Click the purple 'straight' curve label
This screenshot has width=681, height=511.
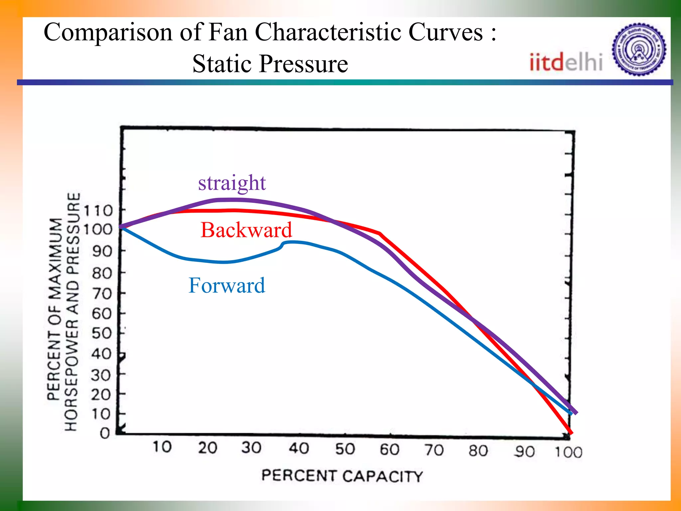coord(232,183)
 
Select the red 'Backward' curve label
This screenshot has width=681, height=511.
coord(246,230)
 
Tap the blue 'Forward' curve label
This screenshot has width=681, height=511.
coord(227,286)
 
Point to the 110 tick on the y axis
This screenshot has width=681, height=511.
coord(98,211)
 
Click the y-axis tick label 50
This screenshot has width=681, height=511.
coord(101,333)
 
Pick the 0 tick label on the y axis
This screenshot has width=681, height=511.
coord(105,433)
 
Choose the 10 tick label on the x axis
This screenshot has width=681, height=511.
coord(162,447)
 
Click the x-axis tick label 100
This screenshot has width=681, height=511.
coord(568,452)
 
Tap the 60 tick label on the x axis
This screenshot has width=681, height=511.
coord(389,450)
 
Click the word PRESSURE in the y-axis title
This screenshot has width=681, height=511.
coord(73,233)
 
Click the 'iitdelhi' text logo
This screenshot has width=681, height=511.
coord(566,62)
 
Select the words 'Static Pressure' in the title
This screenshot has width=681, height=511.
coord(270,64)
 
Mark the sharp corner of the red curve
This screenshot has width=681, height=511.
coord(379,234)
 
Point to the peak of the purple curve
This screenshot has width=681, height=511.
coord(233,200)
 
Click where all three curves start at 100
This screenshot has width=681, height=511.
coord(121,227)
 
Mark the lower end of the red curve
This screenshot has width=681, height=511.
coord(571,433)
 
